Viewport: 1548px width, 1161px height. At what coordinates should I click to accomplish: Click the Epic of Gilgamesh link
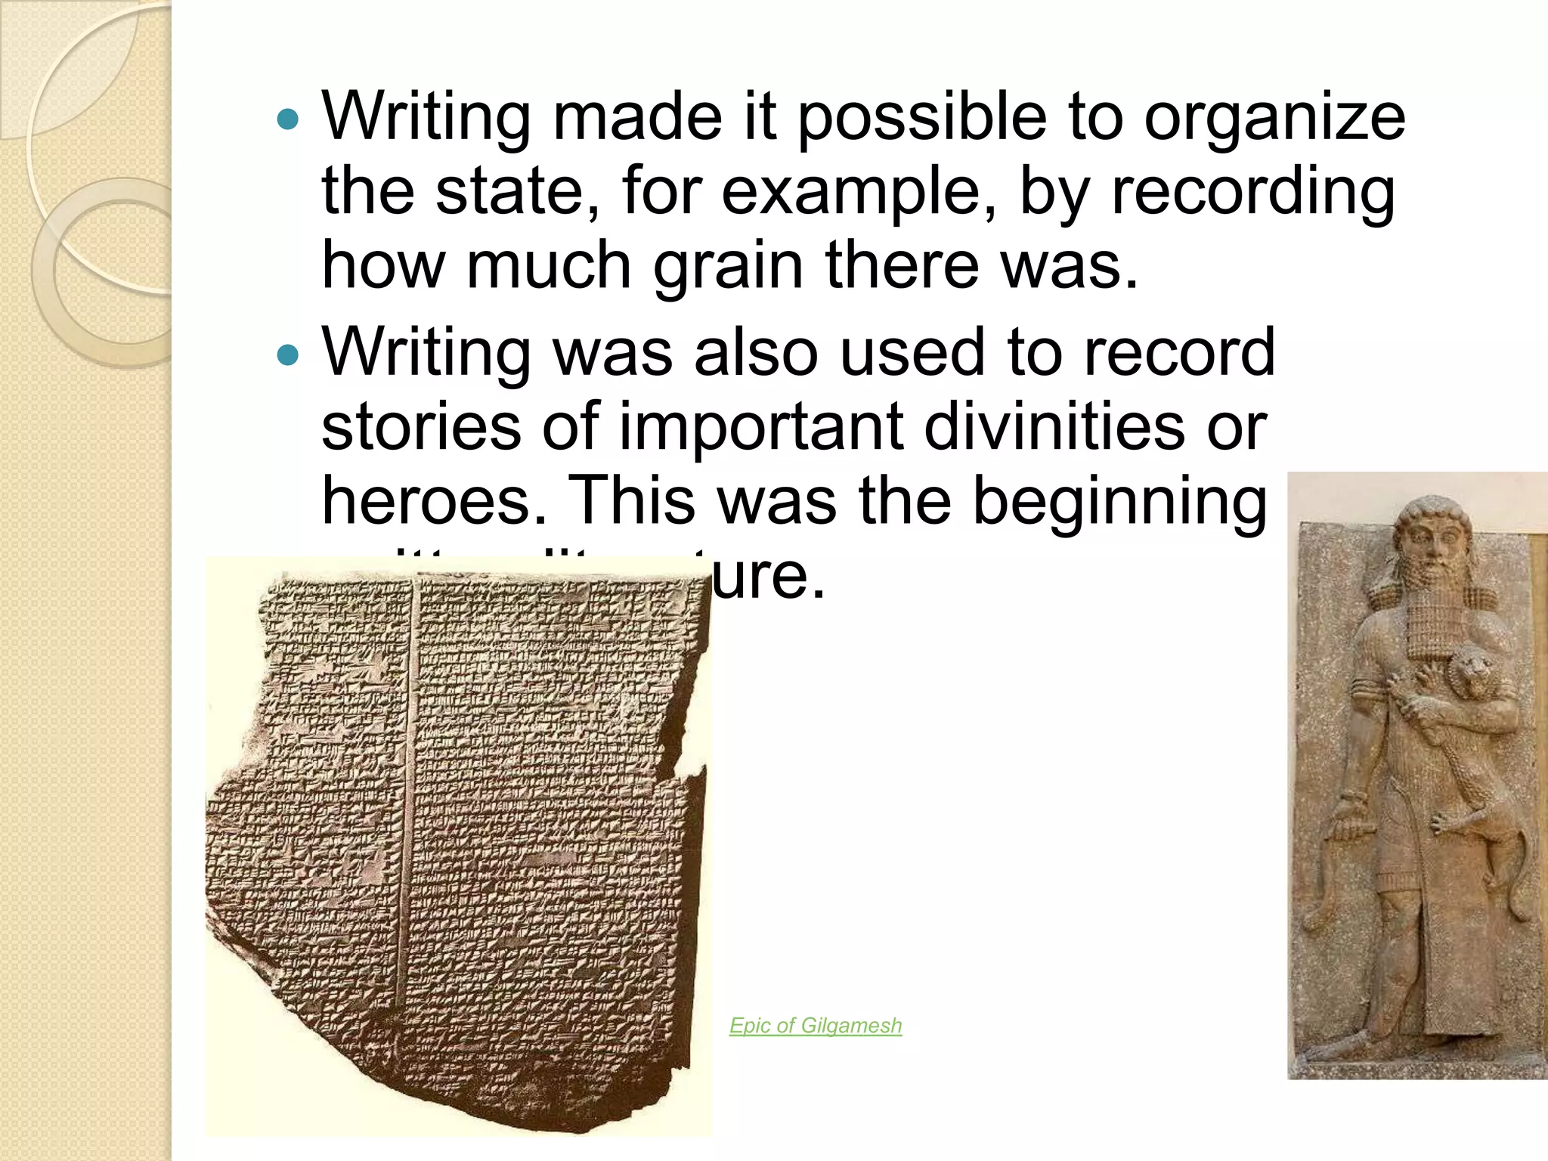(x=816, y=1026)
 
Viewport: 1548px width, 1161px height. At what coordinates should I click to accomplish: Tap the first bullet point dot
(x=288, y=119)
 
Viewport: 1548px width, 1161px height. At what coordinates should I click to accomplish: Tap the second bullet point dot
(x=288, y=354)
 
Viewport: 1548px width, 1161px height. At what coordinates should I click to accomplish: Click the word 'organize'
(x=1274, y=119)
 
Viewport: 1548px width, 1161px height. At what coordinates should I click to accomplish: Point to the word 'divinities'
(x=1054, y=427)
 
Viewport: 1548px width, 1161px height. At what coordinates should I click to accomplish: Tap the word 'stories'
(x=421, y=427)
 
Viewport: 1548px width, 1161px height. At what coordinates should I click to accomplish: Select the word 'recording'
(x=1252, y=193)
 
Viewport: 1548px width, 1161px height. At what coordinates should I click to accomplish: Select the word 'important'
(x=761, y=427)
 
